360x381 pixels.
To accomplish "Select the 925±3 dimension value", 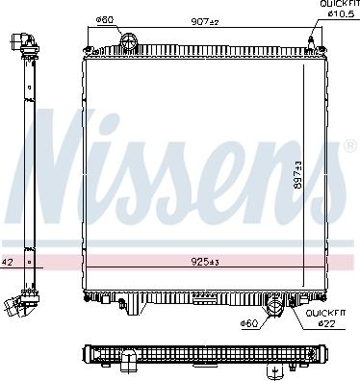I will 202,262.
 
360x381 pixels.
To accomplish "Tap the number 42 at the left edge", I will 7,262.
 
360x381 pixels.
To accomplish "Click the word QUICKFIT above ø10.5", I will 338,5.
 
